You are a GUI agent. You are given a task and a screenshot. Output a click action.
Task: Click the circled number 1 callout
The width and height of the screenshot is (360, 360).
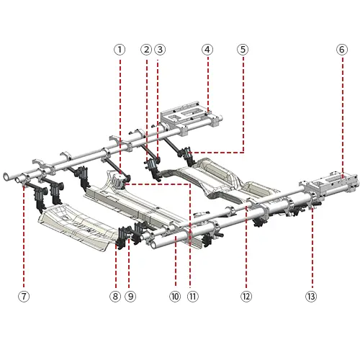pyautogui.click(x=120, y=50)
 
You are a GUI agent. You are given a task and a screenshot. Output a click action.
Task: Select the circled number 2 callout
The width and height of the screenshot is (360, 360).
pyautogui.click(x=146, y=50)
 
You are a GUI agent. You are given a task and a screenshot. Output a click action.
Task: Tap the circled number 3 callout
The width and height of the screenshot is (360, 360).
pyautogui.click(x=160, y=50)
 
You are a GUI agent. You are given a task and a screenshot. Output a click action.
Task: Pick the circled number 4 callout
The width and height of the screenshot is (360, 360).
pyautogui.click(x=207, y=50)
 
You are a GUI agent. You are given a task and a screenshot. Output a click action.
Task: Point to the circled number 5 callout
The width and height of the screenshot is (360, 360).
pyautogui.click(x=243, y=50)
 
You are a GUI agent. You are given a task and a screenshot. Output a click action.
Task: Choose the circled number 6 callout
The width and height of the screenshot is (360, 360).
pyautogui.click(x=342, y=50)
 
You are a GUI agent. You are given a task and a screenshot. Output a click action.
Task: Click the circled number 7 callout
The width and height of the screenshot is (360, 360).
pyautogui.click(x=24, y=297)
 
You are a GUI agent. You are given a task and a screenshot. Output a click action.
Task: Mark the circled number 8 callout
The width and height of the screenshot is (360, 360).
pyautogui.click(x=115, y=297)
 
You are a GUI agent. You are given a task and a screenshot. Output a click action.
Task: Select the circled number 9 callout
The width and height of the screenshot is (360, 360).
pyautogui.click(x=130, y=297)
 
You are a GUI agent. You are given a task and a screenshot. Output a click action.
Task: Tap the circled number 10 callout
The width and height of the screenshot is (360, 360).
pyautogui.click(x=175, y=297)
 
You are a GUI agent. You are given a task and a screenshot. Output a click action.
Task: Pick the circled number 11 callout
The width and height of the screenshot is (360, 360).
pyautogui.click(x=193, y=297)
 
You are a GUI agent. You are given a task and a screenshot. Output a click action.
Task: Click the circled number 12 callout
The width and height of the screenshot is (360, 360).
pyautogui.click(x=246, y=297)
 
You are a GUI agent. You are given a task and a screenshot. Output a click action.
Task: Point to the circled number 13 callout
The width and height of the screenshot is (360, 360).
pyautogui.click(x=311, y=297)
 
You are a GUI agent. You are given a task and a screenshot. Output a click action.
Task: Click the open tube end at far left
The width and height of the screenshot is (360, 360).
pyautogui.click(x=6, y=176)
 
